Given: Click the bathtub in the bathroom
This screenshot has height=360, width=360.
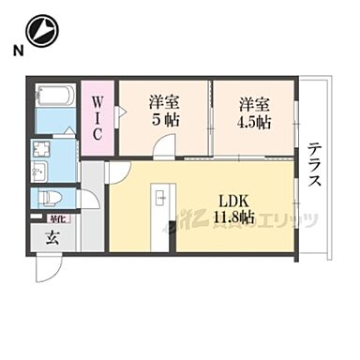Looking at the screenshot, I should pyautogui.click(x=55, y=96).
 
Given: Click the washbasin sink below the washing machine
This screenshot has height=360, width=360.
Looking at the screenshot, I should pyautogui.click(x=40, y=171).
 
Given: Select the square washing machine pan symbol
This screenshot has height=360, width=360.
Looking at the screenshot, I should pyautogui.click(x=40, y=149).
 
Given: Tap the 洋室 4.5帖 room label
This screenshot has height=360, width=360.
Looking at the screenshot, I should pyautogui.click(x=252, y=111).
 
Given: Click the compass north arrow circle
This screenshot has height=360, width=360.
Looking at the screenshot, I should pyautogui.click(x=42, y=32).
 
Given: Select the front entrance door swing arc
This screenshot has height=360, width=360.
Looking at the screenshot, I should pyautogui.click(x=47, y=268).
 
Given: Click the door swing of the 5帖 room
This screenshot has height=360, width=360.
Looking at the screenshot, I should pyautogui.click(x=163, y=146).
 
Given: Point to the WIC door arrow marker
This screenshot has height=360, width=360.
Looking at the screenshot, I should pyautogui.click(x=119, y=112).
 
